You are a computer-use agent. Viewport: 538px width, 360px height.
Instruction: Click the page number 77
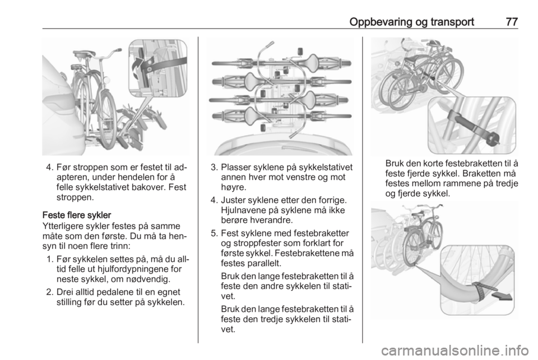[512, 22]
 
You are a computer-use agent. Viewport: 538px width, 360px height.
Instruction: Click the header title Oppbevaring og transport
[411, 22]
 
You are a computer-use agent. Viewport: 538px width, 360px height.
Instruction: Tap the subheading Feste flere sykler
[77, 215]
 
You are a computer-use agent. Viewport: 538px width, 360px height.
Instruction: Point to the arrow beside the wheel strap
[502, 296]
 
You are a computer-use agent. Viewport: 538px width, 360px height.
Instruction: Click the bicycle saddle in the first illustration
[83, 54]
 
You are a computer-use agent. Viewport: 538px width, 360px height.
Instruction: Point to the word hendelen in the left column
[135, 177]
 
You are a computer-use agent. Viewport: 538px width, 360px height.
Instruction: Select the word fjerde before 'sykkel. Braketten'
[412, 173]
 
